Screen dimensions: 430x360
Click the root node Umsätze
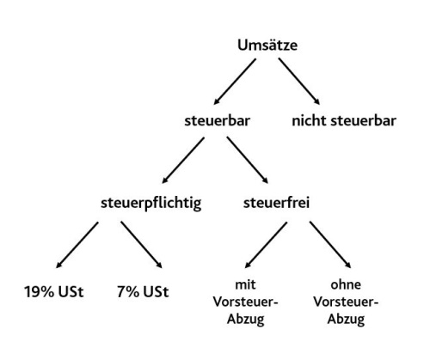coord(267,46)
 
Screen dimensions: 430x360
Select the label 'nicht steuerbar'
coord(344,121)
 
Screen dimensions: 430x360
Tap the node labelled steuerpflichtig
coord(150,204)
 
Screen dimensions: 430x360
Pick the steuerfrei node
coord(276,203)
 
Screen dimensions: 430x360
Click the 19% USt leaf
coord(54,292)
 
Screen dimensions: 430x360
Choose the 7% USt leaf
coord(143,292)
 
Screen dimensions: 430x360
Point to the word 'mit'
coord(245,284)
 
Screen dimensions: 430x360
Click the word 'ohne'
coord(346,284)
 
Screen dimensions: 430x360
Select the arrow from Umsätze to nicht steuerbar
coord(299,82)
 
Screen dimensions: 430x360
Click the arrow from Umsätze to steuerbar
coord(235,82)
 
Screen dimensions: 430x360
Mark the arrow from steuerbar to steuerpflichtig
coord(183,160)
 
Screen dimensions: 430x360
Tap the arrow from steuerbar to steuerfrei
coord(248,160)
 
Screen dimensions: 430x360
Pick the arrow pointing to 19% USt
coord(77,245)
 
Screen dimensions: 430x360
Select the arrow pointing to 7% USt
coord(141,245)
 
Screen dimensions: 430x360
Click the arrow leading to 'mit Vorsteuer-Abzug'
coord(266,245)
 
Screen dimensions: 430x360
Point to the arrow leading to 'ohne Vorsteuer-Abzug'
coord(330,245)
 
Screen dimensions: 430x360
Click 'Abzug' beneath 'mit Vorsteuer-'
coord(245,319)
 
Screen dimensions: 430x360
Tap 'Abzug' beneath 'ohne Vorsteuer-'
coord(346,319)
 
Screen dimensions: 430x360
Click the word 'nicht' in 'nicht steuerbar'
coord(309,121)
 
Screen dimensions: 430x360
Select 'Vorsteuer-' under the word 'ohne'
coord(346,302)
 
